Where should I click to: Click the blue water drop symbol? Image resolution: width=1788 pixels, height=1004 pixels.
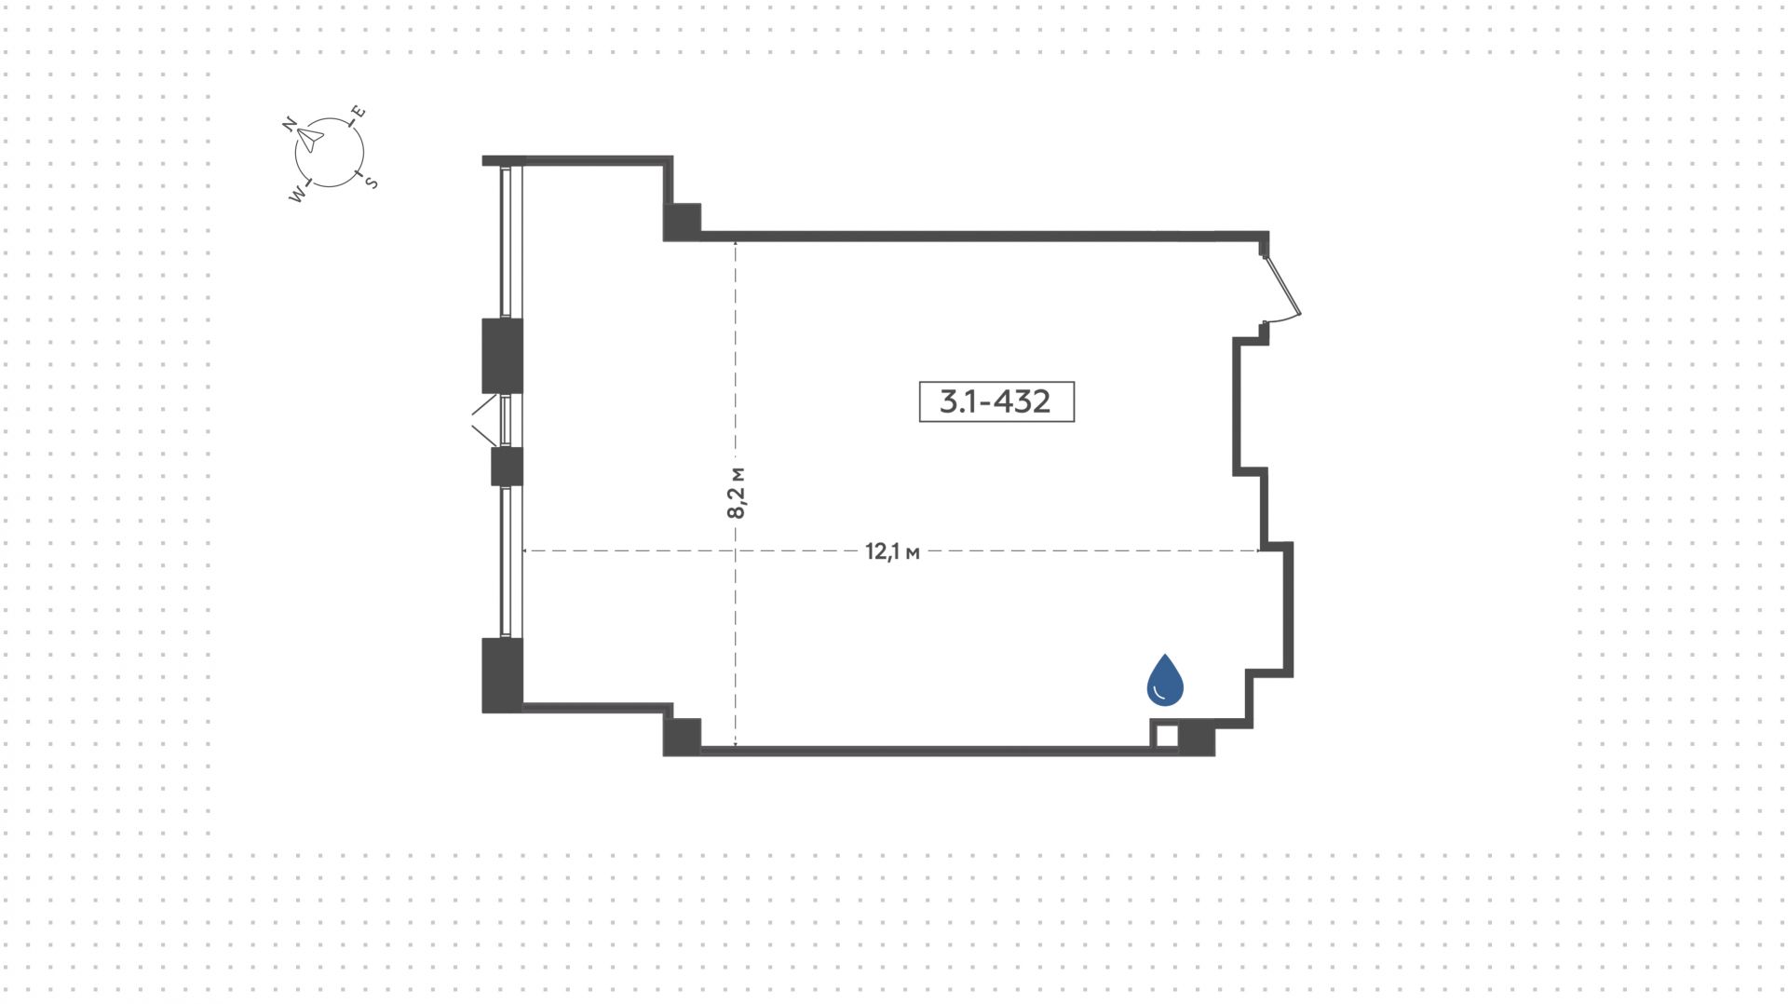click(x=1164, y=680)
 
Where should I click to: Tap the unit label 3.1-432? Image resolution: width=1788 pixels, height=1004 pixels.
click(x=996, y=401)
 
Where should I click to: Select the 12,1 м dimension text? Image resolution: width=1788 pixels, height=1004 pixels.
click(x=892, y=551)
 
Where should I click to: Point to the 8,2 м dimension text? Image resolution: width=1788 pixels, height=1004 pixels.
click(x=736, y=491)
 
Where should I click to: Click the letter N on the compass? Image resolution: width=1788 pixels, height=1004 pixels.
click(x=290, y=124)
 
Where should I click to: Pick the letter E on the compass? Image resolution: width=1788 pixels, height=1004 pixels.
click(x=358, y=114)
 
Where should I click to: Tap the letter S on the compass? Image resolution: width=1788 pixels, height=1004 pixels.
click(x=371, y=183)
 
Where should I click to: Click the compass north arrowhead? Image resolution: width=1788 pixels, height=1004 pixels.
click(x=311, y=141)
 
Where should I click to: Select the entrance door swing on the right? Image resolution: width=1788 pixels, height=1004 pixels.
click(x=1283, y=287)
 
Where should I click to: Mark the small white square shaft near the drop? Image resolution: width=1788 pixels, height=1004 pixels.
click(x=1165, y=735)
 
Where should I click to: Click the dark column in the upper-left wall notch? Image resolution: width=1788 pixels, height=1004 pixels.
click(x=682, y=222)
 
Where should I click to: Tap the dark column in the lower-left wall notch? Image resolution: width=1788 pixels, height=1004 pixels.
click(x=682, y=736)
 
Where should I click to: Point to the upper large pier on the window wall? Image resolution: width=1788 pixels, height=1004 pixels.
click(x=502, y=355)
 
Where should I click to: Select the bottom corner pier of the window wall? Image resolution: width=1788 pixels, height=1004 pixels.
click(x=502, y=674)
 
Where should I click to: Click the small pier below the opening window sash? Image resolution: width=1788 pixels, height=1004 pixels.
click(x=507, y=467)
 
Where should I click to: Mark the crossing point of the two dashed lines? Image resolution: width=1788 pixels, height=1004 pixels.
click(x=736, y=551)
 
